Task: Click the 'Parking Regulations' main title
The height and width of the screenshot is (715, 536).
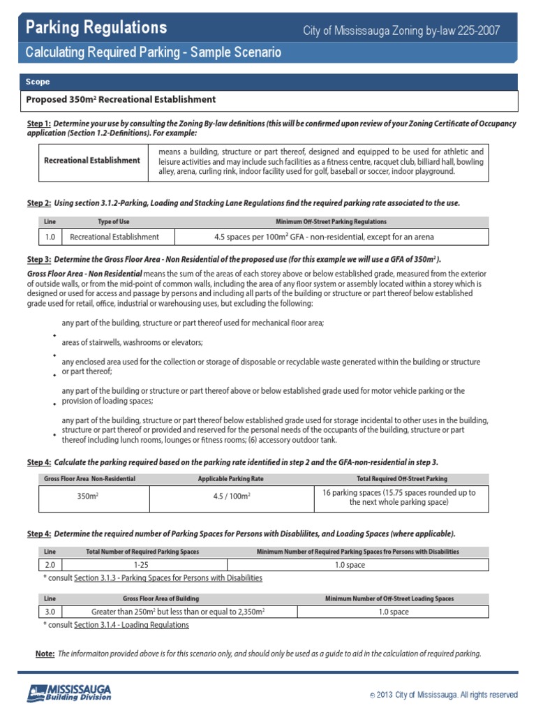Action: click(96, 27)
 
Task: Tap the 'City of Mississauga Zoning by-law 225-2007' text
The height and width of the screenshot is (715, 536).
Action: click(401, 31)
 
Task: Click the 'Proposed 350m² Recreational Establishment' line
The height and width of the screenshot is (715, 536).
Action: click(121, 100)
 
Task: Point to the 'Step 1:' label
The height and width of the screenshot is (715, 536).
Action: click(39, 124)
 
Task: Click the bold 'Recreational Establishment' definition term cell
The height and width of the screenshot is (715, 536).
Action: click(91, 161)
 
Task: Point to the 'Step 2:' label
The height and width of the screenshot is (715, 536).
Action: click(39, 203)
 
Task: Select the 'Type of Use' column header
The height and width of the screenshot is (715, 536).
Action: click(113, 221)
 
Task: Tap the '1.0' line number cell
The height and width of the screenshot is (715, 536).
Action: click(50, 237)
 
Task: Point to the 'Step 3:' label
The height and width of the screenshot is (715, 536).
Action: click(39, 260)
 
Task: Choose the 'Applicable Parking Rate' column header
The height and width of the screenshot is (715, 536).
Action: click(231, 478)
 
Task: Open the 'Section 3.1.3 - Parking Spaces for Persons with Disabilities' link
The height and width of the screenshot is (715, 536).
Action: click(167, 578)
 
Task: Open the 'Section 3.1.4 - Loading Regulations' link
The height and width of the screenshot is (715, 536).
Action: click(131, 625)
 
